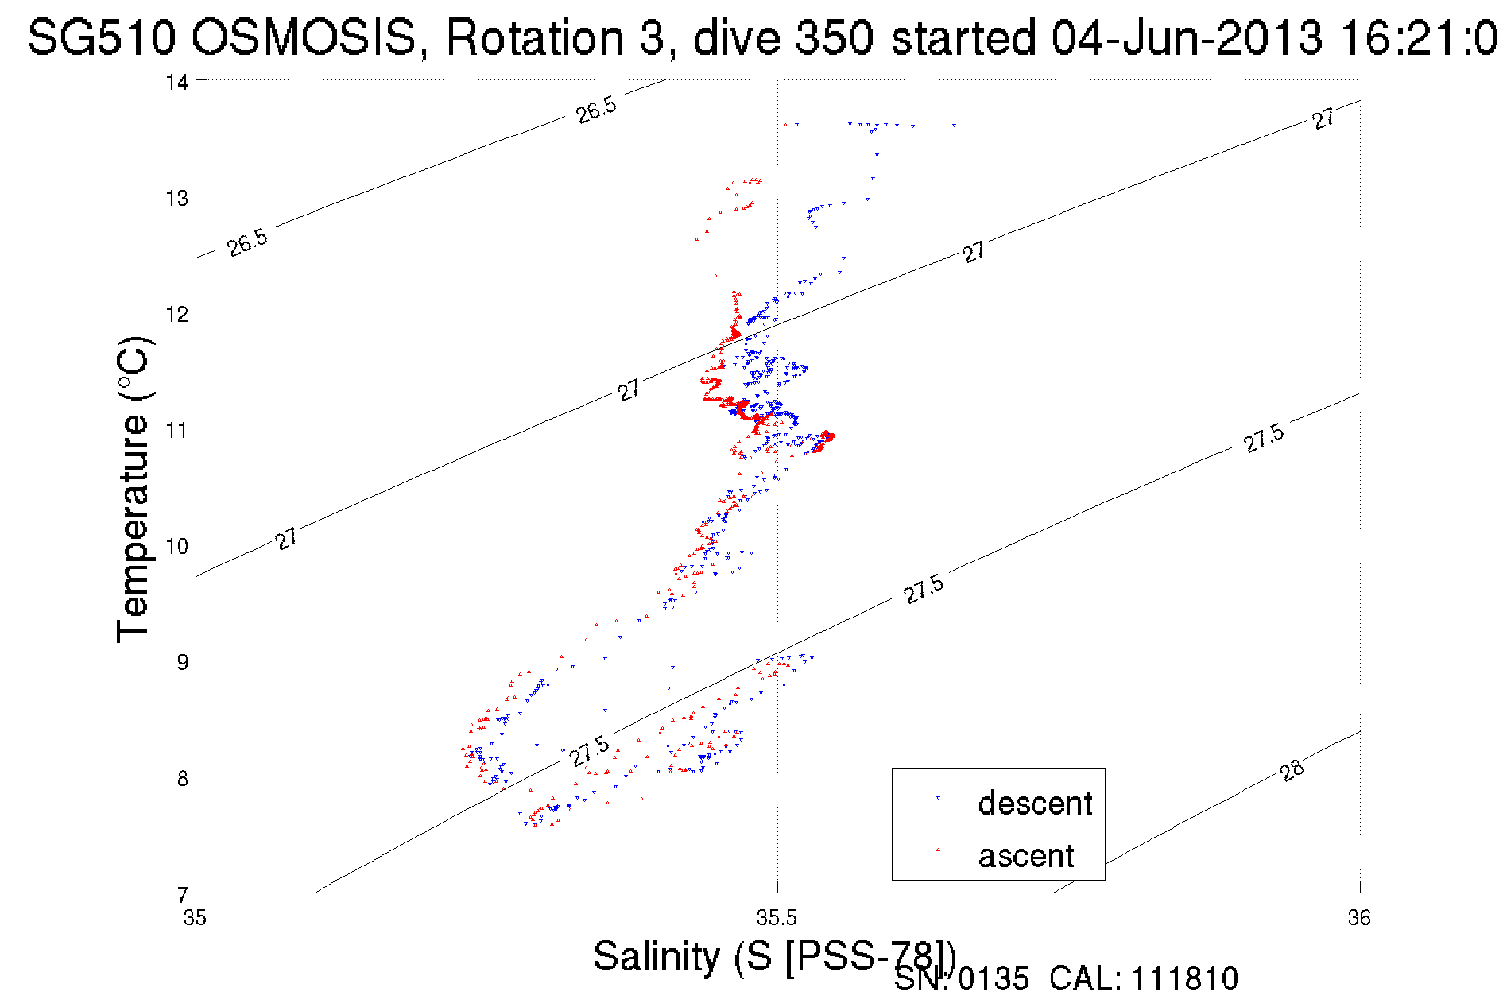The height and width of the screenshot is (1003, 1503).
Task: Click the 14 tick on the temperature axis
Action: pyautogui.click(x=177, y=82)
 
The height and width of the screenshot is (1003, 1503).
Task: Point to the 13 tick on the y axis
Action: pyautogui.click(x=177, y=198)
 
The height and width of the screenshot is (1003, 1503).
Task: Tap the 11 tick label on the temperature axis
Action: pyautogui.click(x=177, y=430)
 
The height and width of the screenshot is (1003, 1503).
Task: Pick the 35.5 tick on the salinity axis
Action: pyautogui.click(x=777, y=918)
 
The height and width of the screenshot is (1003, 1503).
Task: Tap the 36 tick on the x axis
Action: pyautogui.click(x=1359, y=918)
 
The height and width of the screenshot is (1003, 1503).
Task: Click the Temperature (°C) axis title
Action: pyautogui.click(x=134, y=490)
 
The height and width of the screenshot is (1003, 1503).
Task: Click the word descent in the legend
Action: pyautogui.click(x=1035, y=804)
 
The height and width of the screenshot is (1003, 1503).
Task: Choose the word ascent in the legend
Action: pyautogui.click(x=1026, y=856)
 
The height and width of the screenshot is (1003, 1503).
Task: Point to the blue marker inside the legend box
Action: pyautogui.click(x=938, y=798)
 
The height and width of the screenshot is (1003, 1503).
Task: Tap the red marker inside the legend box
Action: pyautogui.click(x=938, y=850)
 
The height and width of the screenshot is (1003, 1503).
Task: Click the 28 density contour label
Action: pyautogui.click(x=1292, y=770)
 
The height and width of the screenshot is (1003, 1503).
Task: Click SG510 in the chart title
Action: pyautogui.click(x=101, y=38)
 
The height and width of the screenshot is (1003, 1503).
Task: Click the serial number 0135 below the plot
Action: pyautogui.click(x=993, y=979)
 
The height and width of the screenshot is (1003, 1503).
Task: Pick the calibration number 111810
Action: pyautogui.click(x=1184, y=979)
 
